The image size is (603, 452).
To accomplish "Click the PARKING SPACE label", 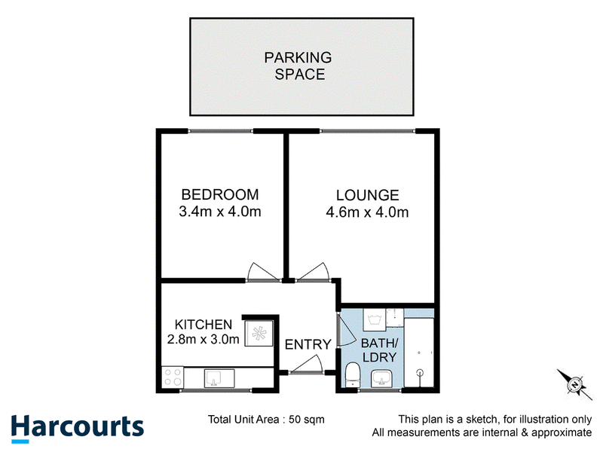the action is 298,66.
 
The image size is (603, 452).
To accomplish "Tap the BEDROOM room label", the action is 220,194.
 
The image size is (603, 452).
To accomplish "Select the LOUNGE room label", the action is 368,195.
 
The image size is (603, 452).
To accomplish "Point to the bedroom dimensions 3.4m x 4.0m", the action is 220,212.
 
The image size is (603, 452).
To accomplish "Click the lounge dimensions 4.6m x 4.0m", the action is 367,212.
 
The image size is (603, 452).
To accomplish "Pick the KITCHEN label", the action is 204,325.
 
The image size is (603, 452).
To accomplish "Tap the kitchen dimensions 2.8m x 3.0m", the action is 204,339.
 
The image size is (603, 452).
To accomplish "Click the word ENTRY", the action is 308,344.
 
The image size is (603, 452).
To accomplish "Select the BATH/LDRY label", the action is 379,350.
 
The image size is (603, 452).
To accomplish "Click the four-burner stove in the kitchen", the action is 173,377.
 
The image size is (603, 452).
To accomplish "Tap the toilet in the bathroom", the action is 352,374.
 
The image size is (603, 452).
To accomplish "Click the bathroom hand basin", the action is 381,379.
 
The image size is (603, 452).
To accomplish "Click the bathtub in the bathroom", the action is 419,352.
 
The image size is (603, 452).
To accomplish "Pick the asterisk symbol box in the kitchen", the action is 259,333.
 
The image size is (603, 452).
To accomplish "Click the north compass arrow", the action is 575,384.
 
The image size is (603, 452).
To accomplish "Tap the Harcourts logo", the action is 78,428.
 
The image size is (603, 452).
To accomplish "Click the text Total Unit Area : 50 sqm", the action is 266,420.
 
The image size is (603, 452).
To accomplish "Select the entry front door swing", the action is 306,365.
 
